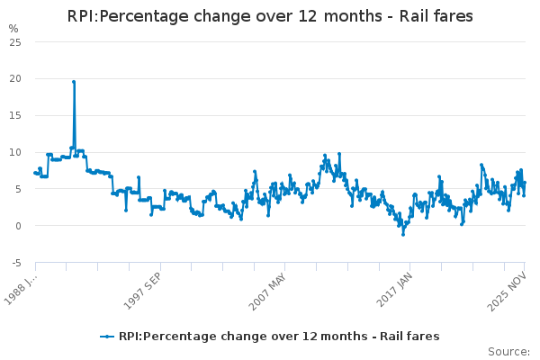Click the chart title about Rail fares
pos(270,17)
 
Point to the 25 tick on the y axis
pos(14,41)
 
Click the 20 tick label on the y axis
pos(14,78)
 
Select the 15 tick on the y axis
pos(14,115)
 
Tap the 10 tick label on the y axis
pos(14,152)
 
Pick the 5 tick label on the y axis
pos(17,189)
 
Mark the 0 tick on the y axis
pos(17,226)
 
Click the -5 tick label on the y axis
pos(15,263)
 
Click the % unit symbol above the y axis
pos(13,29)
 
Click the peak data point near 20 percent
pos(74,82)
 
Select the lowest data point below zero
pos(403,234)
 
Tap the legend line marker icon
pos(108,337)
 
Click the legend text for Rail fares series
pos(279,337)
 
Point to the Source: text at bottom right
pos(508,351)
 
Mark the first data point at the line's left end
pos(35,172)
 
